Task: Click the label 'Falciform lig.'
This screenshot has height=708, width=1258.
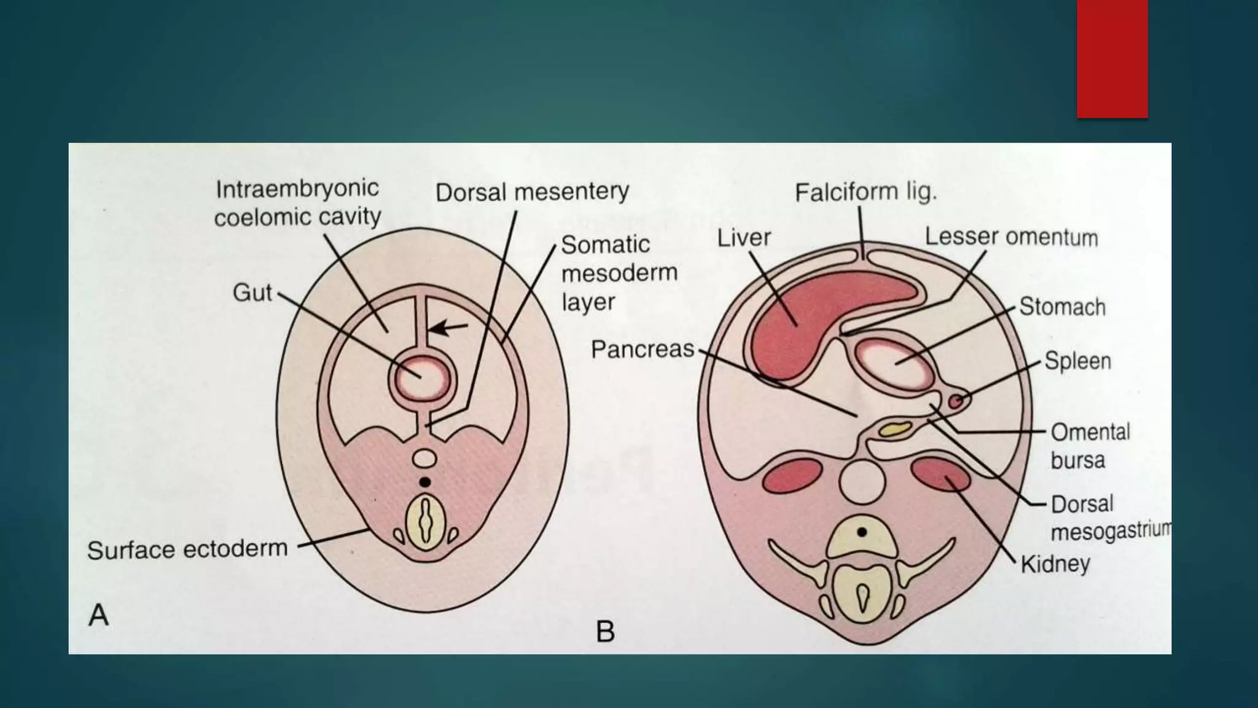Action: pos(865,192)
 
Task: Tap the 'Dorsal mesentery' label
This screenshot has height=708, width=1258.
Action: pos(532,192)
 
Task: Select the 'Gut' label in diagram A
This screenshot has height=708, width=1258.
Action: pos(252,293)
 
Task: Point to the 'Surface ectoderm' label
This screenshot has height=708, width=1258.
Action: pos(187,549)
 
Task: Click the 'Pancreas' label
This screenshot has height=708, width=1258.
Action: pos(642,349)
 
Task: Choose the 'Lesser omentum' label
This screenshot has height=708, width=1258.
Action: pos(1011,237)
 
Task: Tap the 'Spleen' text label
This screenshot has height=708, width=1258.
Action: pos(1077,361)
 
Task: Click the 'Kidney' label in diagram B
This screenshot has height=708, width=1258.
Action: pos(1055,564)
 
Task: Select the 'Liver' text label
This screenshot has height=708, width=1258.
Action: pos(744,238)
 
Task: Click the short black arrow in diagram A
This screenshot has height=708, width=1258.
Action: pos(448,328)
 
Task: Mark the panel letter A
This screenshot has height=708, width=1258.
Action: pos(99,615)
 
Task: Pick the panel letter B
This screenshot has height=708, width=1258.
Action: pos(605,631)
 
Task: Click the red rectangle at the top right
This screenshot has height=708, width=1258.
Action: pos(1112,58)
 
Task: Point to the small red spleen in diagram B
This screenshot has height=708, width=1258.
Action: pos(955,401)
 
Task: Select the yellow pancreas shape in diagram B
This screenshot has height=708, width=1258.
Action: pos(894,429)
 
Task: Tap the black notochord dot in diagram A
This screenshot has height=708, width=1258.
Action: pos(424,482)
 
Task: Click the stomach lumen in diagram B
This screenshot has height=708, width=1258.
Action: pos(894,363)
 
